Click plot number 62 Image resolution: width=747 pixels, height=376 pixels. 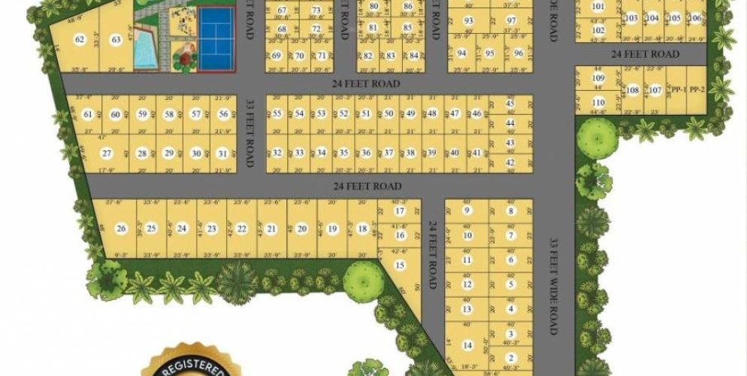pos(79,40)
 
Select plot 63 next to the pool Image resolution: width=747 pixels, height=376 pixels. pos(116,40)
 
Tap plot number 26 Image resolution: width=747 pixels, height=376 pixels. pos(121,229)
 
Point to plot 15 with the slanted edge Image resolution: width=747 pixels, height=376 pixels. pos(401,265)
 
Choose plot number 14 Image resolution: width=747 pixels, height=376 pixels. pos(467,345)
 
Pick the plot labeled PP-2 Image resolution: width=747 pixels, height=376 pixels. pos(697,90)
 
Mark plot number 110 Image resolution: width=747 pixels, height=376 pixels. pos(598,103)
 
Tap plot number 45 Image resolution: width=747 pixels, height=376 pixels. pos(510,104)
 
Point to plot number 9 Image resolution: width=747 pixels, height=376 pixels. pos(467,211)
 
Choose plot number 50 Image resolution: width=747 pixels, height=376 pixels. pos(389,114)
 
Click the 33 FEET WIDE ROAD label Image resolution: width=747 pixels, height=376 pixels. pos(555,286)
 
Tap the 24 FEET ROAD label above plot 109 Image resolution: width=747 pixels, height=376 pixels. pos(645,54)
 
